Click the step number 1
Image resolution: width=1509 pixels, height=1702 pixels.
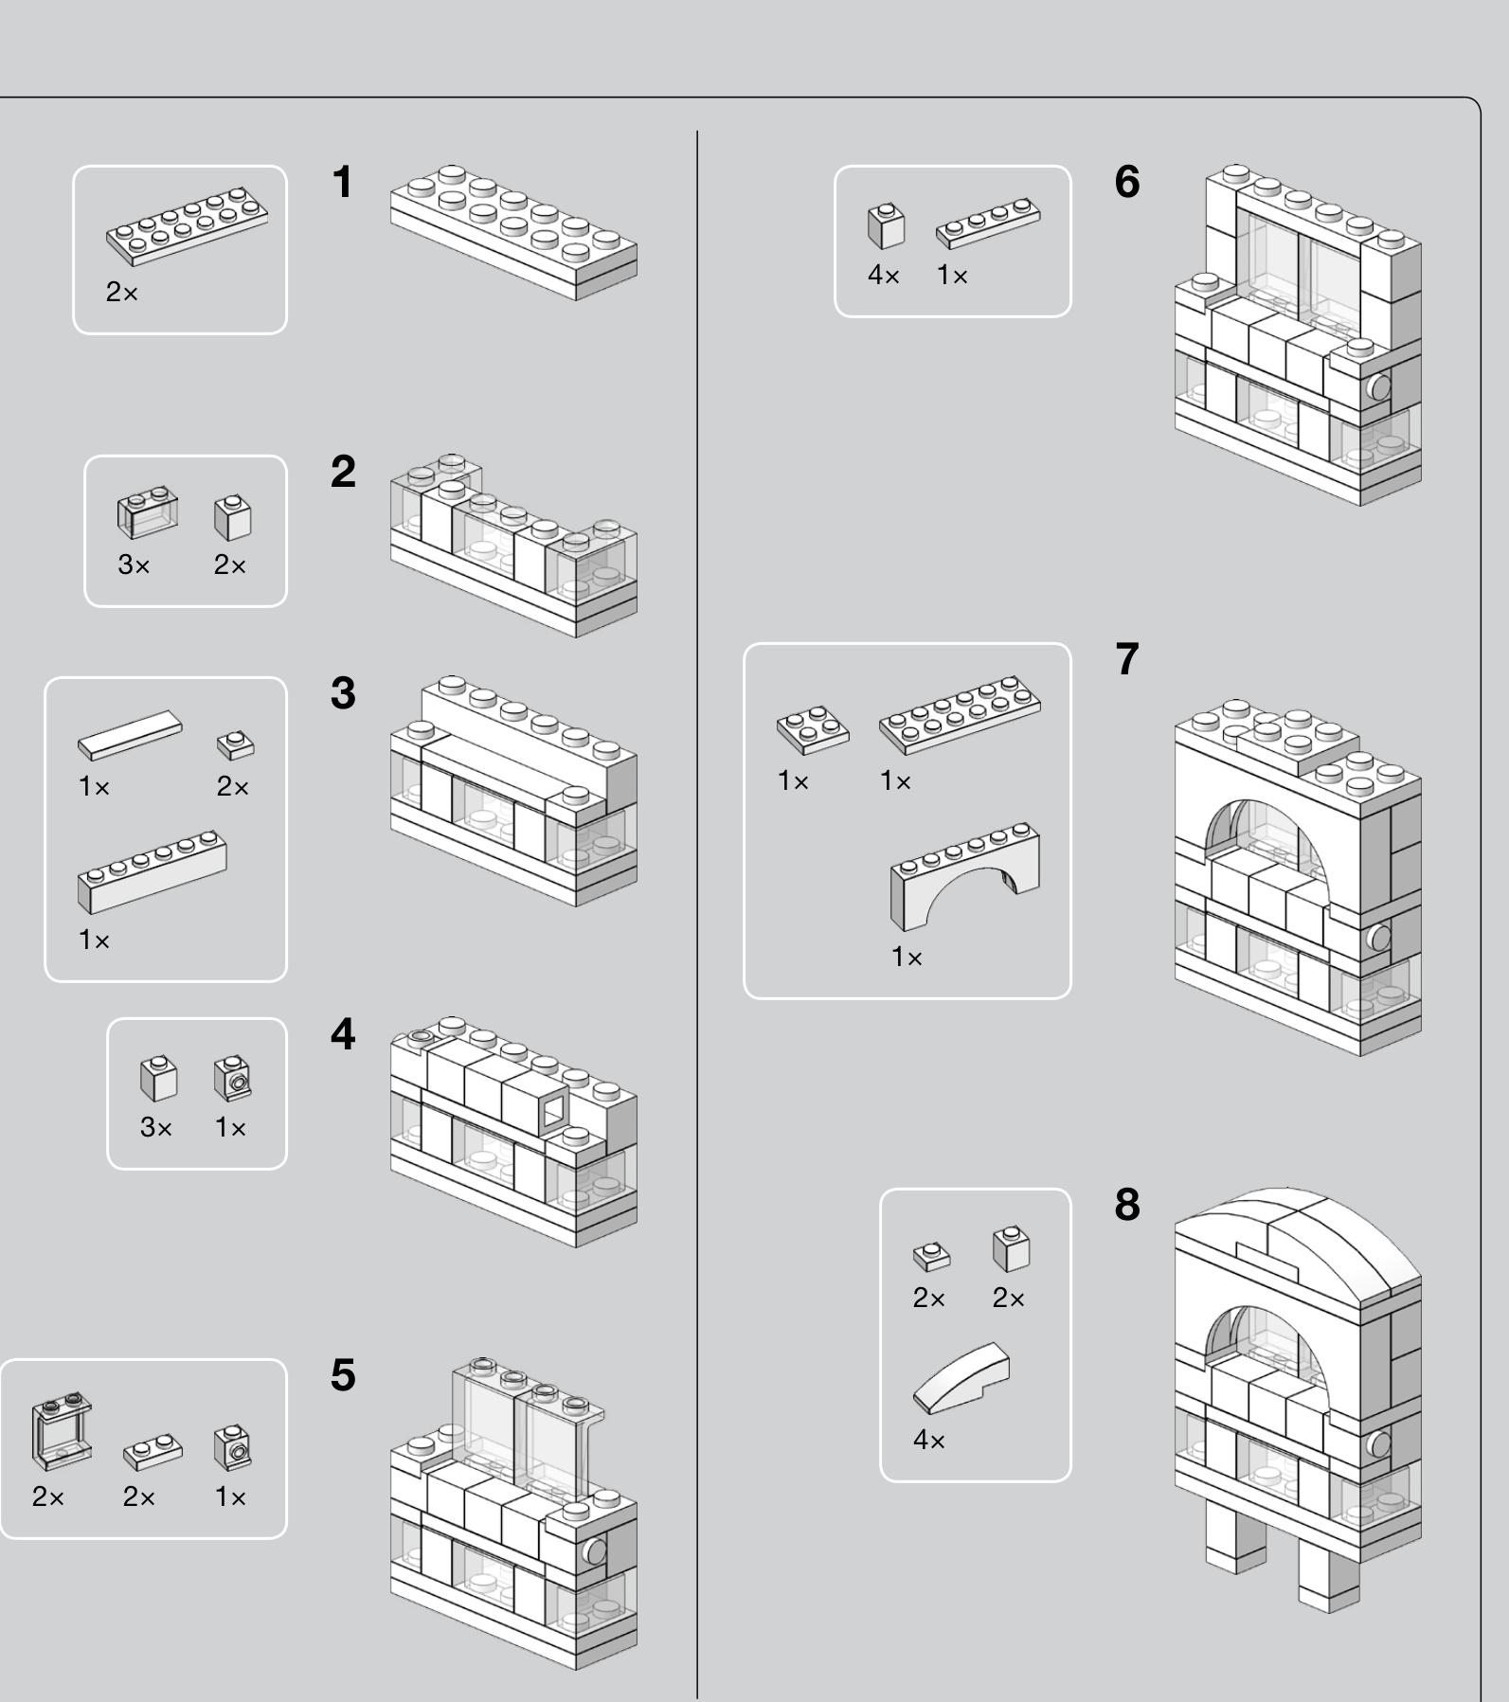(x=342, y=183)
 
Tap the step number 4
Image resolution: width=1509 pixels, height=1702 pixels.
(x=342, y=1034)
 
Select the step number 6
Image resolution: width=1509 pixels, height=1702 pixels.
(x=1126, y=182)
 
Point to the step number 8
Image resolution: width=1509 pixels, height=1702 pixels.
(x=1126, y=1205)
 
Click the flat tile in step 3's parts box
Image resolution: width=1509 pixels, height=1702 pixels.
(x=130, y=735)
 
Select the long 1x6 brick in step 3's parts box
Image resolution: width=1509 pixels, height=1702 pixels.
(x=152, y=871)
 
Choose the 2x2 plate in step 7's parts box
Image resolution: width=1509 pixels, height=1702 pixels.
(x=813, y=728)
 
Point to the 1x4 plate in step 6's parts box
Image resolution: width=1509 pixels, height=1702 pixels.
(x=987, y=224)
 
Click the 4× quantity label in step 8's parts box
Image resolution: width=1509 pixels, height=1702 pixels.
(x=928, y=1441)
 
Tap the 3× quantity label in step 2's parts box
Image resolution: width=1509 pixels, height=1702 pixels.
(x=134, y=565)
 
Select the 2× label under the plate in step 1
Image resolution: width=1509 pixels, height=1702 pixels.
(x=121, y=293)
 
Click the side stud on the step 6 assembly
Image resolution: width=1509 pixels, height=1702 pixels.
(x=1378, y=387)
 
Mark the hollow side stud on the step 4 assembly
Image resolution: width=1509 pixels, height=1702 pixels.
(x=553, y=1109)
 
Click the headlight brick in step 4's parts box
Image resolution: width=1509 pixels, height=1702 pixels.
(x=232, y=1079)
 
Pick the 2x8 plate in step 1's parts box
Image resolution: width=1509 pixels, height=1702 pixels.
(x=187, y=224)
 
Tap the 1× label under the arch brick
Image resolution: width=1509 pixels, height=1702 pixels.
(x=907, y=958)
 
